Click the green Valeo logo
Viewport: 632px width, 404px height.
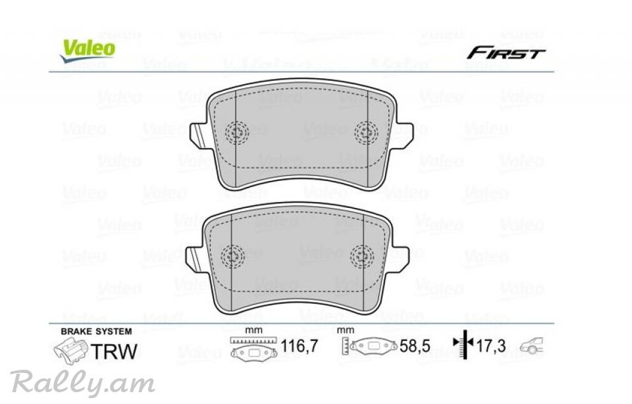(88, 51)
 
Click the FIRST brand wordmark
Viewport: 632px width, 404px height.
(506, 53)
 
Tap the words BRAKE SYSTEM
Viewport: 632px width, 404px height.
(96, 332)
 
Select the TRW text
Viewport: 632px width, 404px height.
(114, 351)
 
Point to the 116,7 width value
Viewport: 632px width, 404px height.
(299, 345)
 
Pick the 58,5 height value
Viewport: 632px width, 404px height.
(415, 346)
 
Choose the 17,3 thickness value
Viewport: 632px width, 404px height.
(491, 345)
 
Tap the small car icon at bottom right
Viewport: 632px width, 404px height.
(532, 346)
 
